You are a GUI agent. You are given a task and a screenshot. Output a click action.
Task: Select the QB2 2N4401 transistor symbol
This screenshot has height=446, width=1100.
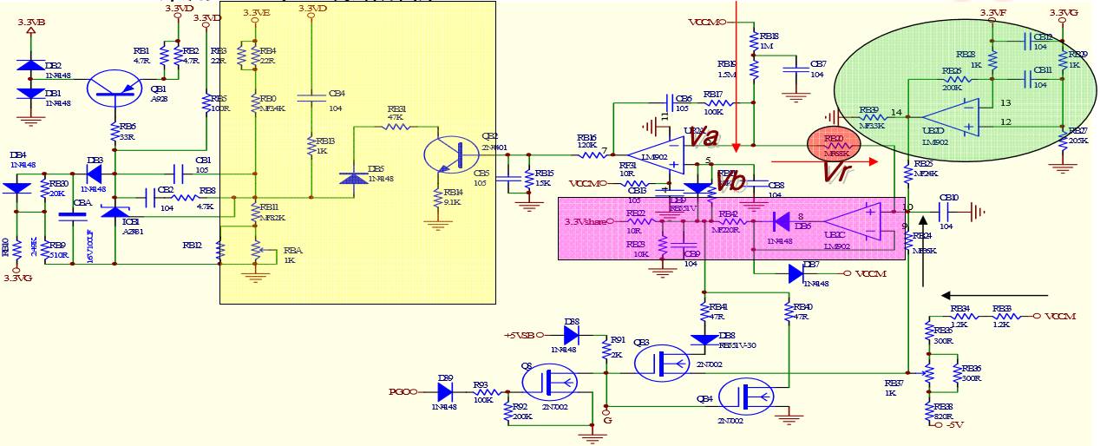coord(451,154)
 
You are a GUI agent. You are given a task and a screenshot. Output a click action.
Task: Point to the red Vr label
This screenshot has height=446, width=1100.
coord(836,170)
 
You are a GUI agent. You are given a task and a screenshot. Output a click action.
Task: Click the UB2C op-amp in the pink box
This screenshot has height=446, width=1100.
coord(853,221)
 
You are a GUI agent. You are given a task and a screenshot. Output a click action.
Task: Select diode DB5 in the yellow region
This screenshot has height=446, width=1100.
coord(353,177)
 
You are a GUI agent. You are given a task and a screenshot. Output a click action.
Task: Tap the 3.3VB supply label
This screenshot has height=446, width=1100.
coord(31,22)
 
